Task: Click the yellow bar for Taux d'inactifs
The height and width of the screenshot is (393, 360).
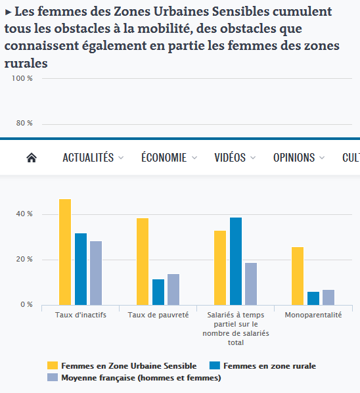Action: point(65,252)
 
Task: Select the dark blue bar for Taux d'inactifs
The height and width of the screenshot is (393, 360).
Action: point(80,269)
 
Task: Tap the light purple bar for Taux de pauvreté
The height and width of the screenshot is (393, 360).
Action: point(173,289)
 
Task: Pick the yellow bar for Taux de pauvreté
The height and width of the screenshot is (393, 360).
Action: point(143,261)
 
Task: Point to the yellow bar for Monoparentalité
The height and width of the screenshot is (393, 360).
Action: point(298,275)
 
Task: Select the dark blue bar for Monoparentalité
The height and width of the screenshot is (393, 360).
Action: point(313,298)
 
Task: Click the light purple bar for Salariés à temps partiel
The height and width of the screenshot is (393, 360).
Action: point(251,283)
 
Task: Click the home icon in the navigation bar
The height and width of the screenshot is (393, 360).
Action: point(31,158)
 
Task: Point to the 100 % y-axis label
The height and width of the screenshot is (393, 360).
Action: point(22,78)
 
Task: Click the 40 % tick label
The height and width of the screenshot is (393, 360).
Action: point(24,214)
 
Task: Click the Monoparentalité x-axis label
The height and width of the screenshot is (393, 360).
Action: point(313,315)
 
